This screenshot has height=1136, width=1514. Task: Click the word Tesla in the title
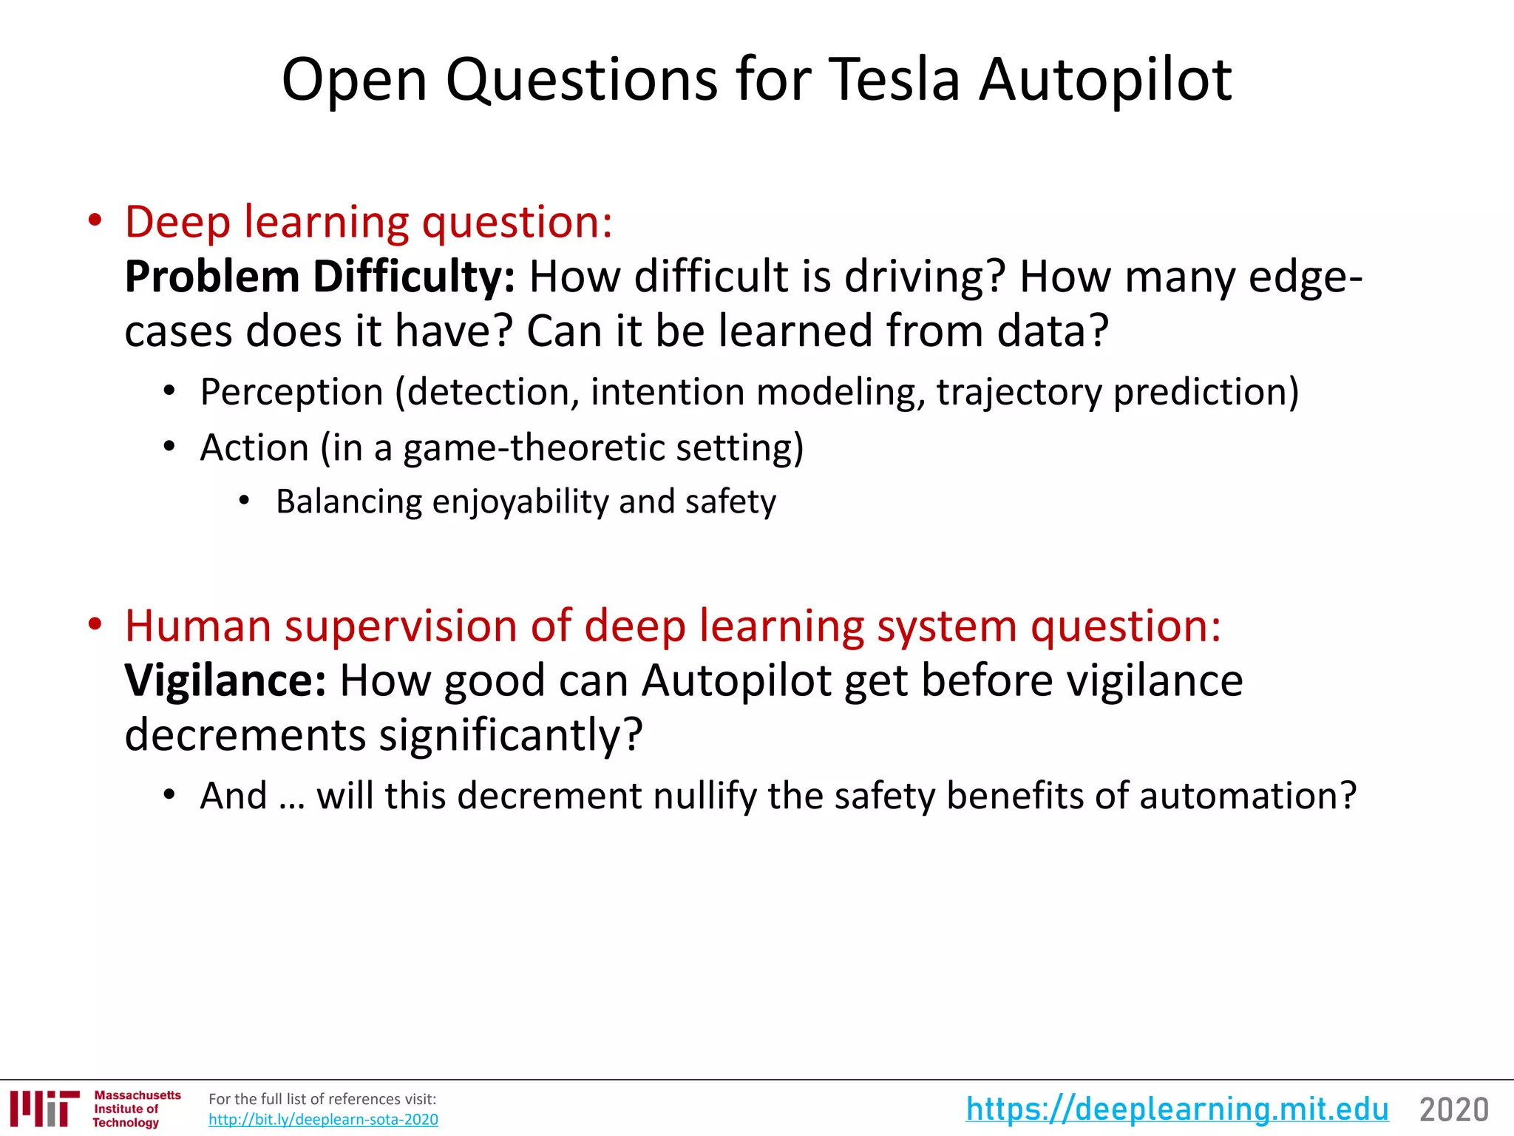pyautogui.click(x=894, y=79)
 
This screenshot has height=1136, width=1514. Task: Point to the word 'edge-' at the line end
pyautogui.click(x=1306, y=277)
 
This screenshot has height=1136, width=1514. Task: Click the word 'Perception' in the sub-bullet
pyautogui.click(x=291, y=391)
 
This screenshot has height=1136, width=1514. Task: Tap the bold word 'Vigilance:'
pyautogui.click(x=225, y=680)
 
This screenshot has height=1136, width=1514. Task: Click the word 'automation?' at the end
pyautogui.click(x=1248, y=796)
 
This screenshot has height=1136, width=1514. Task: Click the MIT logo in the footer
pyautogui.click(x=44, y=1109)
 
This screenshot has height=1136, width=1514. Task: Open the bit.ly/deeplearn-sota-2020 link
pyautogui.click(x=323, y=1120)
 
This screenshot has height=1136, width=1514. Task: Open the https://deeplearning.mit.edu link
pyautogui.click(x=1177, y=1109)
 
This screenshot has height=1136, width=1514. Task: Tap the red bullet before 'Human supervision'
pyautogui.click(x=94, y=626)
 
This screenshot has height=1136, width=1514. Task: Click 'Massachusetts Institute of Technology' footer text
pyautogui.click(x=136, y=1109)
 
